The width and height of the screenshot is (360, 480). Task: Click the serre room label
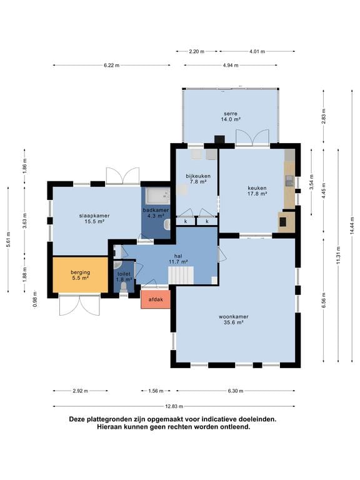click(230, 114)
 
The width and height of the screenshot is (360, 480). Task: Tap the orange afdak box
click(156, 299)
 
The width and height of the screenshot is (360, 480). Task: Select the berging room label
click(80, 272)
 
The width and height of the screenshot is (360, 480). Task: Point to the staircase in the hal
click(181, 275)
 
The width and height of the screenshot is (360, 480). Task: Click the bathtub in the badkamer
click(157, 196)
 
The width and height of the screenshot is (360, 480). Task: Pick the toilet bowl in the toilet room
click(124, 287)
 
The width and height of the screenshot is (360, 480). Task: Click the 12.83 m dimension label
click(174, 406)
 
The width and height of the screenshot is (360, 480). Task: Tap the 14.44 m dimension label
click(352, 226)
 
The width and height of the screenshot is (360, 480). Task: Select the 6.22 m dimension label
click(111, 65)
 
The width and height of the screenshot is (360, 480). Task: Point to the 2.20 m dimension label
click(196, 51)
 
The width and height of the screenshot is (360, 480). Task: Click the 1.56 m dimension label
click(156, 391)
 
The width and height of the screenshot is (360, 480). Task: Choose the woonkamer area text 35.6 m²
click(233, 322)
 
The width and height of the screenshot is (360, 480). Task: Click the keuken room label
click(257, 188)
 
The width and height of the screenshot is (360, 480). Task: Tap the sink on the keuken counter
click(289, 181)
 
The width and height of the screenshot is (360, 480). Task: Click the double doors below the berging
click(79, 305)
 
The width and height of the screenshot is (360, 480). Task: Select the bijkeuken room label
click(198, 176)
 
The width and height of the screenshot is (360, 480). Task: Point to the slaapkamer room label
click(94, 216)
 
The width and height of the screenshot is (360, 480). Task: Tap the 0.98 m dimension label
click(35, 299)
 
